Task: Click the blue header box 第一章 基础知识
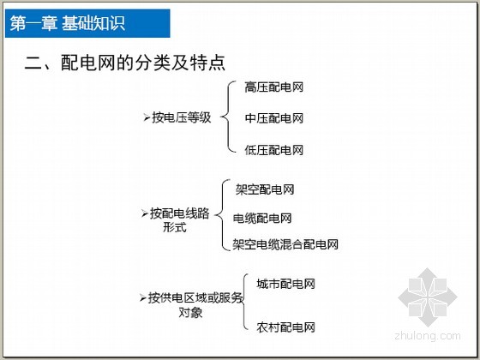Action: point(87,23)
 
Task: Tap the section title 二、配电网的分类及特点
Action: point(125,63)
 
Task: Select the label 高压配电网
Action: point(274,87)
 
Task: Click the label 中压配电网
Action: point(274,118)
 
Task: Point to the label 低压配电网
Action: point(274,150)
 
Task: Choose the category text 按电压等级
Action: point(182,117)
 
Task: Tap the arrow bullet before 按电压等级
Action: point(147,117)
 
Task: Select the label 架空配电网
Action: point(265,189)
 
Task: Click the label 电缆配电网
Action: point(262,219)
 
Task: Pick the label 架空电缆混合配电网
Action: point(285,244)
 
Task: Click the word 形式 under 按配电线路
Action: point(175,227)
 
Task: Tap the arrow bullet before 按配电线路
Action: point(145,213)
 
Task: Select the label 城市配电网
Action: point(285,284)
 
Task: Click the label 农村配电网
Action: point(285,327)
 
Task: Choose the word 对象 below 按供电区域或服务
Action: point(190,313)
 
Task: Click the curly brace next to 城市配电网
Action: point(244,302)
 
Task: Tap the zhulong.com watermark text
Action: point(428,336)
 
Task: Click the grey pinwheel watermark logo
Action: point(428,297)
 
